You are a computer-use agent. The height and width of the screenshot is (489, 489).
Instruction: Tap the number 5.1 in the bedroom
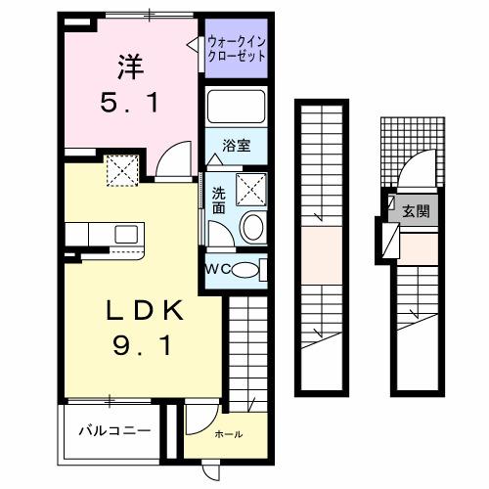pyautogui.click(x=127, y=103)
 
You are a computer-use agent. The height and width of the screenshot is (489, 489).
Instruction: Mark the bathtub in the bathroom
pyautogui.click(x=236, y=108)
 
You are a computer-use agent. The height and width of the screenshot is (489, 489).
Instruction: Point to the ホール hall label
pyautogui.click(x=229, y=434)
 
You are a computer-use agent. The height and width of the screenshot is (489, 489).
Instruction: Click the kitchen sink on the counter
pyautogui.click(x=125, y=235)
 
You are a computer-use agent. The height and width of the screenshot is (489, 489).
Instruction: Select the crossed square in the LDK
pyautogui.click(x=124, y=173)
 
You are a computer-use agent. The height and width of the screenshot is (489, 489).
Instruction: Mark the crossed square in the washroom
pyautogui.click(x=251, y=186)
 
